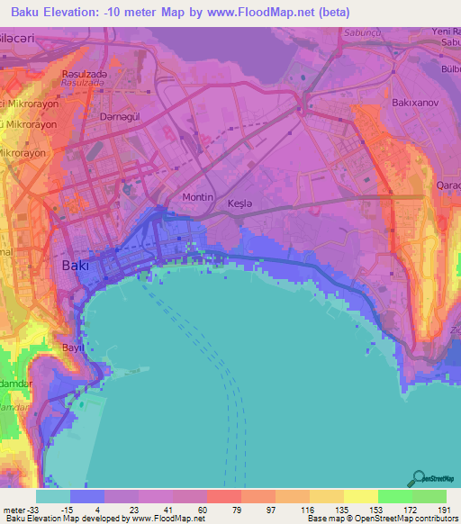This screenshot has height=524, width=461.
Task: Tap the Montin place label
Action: tap(198, 197)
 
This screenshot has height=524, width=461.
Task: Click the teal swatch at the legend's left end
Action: tap(53, 495)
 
